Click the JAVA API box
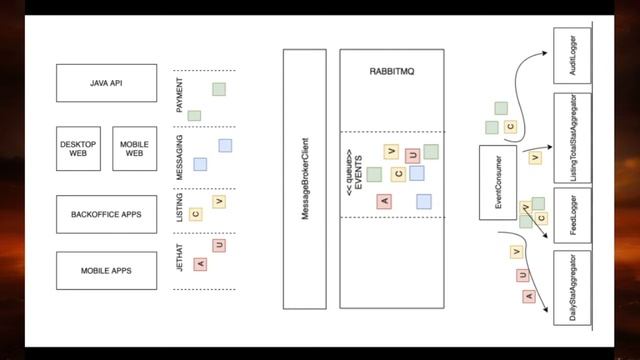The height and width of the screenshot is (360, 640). [107, 82]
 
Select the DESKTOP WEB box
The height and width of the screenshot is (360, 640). [78, 149]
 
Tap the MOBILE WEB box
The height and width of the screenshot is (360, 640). [134, 149]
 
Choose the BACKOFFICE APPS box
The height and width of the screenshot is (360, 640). [107, 214]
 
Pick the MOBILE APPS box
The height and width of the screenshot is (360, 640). [107, 270]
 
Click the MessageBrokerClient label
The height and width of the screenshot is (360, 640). [304, 180]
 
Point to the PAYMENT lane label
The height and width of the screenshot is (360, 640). [180, 102]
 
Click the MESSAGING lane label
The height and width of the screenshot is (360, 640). [180, 158]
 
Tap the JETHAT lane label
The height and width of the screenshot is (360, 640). [180, 260]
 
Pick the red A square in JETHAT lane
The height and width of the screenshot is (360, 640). [199, 263]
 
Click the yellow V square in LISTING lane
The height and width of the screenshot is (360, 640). [218, 202]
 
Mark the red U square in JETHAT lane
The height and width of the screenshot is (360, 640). [218, 245]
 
